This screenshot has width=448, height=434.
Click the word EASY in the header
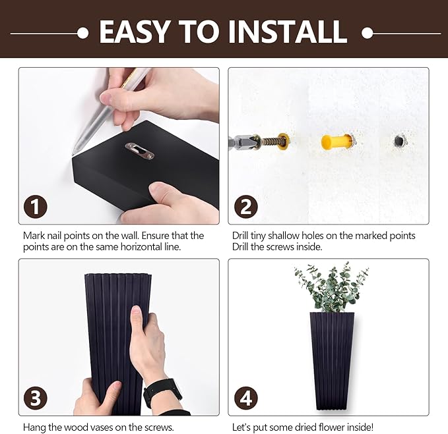click(133, 32)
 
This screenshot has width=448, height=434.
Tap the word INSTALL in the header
click(288, 32)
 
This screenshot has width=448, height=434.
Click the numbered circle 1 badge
click(36, 206)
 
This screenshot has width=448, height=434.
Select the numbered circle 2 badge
click(245, 206)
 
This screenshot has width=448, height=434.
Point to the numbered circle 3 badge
click(36, 398)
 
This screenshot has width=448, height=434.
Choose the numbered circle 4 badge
click(245, 398)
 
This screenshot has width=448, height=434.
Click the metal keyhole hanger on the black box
click(139, 151)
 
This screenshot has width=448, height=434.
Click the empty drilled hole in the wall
click(399, 140)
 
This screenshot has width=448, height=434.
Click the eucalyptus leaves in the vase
click(331, 287)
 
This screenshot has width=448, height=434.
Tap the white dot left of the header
click(83, 33)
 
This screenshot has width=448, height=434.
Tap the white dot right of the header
click(367, 33)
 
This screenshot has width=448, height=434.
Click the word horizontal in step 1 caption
click(141, 247)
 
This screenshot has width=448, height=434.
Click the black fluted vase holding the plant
click(333, 361)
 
